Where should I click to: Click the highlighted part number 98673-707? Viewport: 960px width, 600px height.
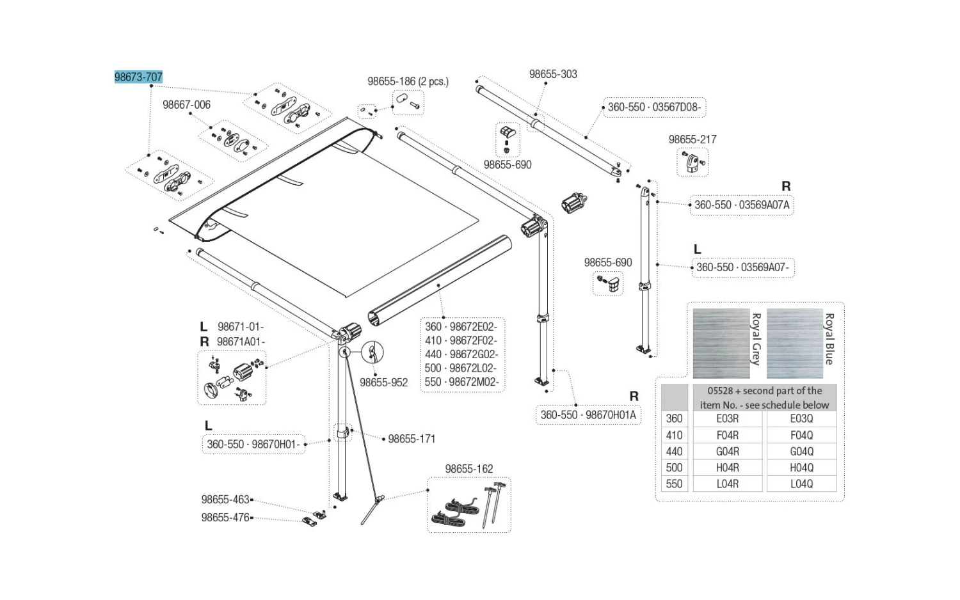point(138,77)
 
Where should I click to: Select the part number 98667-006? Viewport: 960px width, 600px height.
point(186,105)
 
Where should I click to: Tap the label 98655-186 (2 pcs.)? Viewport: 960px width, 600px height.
point(408,82)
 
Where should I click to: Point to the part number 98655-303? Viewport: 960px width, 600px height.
point(553,74)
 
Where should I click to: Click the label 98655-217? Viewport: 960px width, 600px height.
point(692,139)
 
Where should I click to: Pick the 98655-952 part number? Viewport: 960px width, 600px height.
point(383,383)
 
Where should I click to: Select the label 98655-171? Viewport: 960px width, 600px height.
point(412,439)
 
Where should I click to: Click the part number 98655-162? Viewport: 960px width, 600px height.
point(469,469)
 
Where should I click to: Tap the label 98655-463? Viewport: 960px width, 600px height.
point(225,500)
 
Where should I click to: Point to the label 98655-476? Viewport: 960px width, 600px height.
point(225,517)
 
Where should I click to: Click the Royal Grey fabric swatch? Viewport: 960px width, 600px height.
point(721,343)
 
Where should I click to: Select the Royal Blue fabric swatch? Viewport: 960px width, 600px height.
point(795,343)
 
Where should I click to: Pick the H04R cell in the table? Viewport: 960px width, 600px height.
point(727,468)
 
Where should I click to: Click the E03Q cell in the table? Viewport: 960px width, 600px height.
point(801,418)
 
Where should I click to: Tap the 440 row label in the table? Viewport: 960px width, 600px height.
point(674,451)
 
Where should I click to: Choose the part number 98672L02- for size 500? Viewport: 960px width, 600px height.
point(473,368)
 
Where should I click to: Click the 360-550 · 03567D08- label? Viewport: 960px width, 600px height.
point(654,107)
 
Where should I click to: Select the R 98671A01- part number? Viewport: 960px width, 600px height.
point(240,342)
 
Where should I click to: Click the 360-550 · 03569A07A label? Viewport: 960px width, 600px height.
point(742,205)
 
